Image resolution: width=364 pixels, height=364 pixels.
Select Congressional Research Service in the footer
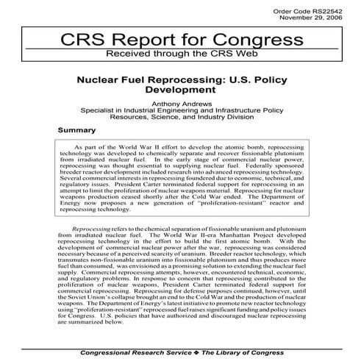tap(121, 357)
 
